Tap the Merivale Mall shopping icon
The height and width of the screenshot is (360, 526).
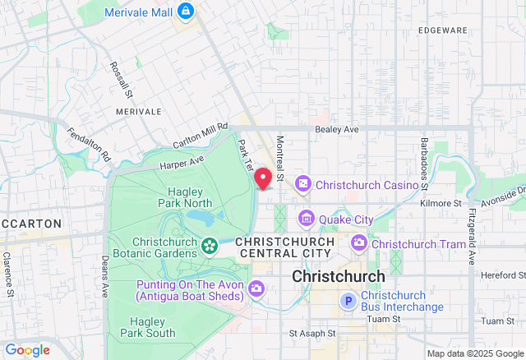pos(186,11)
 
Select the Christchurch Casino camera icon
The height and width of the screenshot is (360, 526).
pos(302,184)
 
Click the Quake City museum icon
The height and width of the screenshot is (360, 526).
pos(307,219)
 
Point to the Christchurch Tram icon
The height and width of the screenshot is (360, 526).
pos(359,243)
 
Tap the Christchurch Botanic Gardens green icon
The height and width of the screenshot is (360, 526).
pos(210,245)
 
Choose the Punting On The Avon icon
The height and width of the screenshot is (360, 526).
pos(256,288)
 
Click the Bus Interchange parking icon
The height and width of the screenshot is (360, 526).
pos(348,302)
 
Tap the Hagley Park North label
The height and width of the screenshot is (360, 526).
pos(185,196)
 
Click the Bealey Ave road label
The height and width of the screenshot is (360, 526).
pos(337,130)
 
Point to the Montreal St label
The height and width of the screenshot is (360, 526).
pos(280,159)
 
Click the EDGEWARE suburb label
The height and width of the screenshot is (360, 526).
pos(442,30)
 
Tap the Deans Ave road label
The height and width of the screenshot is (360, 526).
pos(104,275)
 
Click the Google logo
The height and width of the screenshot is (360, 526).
pos(26,350)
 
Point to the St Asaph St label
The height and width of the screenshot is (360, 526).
pos(313,334)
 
